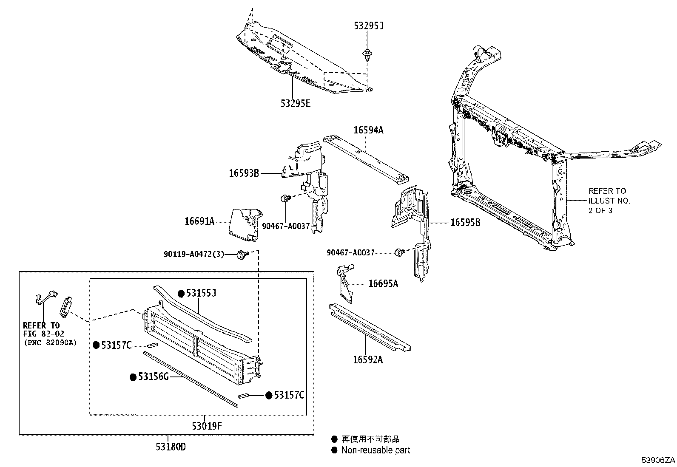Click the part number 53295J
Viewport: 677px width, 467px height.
tap(369, 26)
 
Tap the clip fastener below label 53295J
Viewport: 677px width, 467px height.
tap(366, 54)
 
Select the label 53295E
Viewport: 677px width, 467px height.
tap(295, 103)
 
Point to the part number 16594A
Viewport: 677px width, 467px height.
tap(368, 130)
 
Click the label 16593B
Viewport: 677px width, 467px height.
tap(244, 173)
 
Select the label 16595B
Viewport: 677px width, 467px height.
tap(465, 222)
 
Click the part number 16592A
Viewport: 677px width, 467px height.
tap(368, 360)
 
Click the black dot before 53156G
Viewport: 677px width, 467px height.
tap(133, 377)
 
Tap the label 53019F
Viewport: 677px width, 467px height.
tap(207, 425)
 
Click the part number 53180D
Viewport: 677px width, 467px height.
tap(171, 447)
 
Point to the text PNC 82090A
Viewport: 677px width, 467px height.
tap(51, 342)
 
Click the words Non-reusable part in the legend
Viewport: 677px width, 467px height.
tap(375, 450)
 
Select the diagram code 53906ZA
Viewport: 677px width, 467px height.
tap(658, 460)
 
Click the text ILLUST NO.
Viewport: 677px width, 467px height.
tap(609, 201)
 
